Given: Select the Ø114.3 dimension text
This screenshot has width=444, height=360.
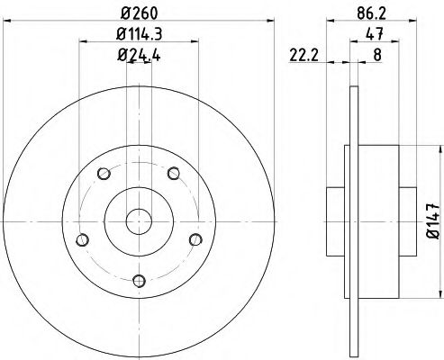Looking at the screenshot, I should pos(139,35).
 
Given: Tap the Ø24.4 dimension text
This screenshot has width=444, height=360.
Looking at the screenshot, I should pos(137,53).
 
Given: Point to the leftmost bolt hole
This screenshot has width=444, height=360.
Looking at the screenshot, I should pos(83,239).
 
